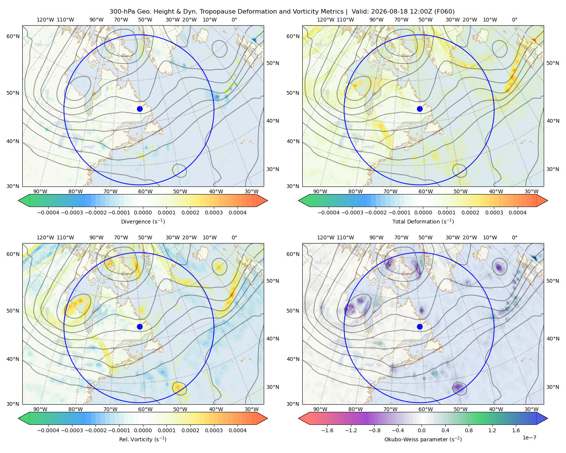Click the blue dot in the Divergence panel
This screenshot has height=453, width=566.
click(140, 109)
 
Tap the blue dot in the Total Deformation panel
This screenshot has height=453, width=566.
click(420, 109)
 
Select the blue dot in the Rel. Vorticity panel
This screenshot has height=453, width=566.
click(140, 327)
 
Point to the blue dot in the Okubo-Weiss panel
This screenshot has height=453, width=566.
click(420, 327)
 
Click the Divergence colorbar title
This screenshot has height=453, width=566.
click(143, 222)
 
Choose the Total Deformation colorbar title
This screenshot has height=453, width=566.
click(423, 222)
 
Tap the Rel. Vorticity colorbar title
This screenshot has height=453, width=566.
click(143, 439)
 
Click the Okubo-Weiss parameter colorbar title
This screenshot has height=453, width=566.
click(423, 439)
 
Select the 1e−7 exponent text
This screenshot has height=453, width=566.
click(529, 438)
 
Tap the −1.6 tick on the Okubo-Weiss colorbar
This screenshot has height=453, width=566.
click(327, 430)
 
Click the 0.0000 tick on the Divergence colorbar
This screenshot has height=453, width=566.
click(143, 213)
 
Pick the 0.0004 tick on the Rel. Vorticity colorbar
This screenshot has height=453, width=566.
click(237, 430)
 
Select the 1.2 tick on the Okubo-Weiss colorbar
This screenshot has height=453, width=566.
click(492, 430)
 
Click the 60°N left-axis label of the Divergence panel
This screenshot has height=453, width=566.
click(13, 36)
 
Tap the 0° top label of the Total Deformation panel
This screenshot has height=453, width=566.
click(514, 20)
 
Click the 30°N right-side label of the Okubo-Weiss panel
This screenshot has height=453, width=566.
click(552, 387)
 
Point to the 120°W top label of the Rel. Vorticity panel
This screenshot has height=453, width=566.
click(45, 237)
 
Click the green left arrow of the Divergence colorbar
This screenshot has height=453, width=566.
click(24, 200)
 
